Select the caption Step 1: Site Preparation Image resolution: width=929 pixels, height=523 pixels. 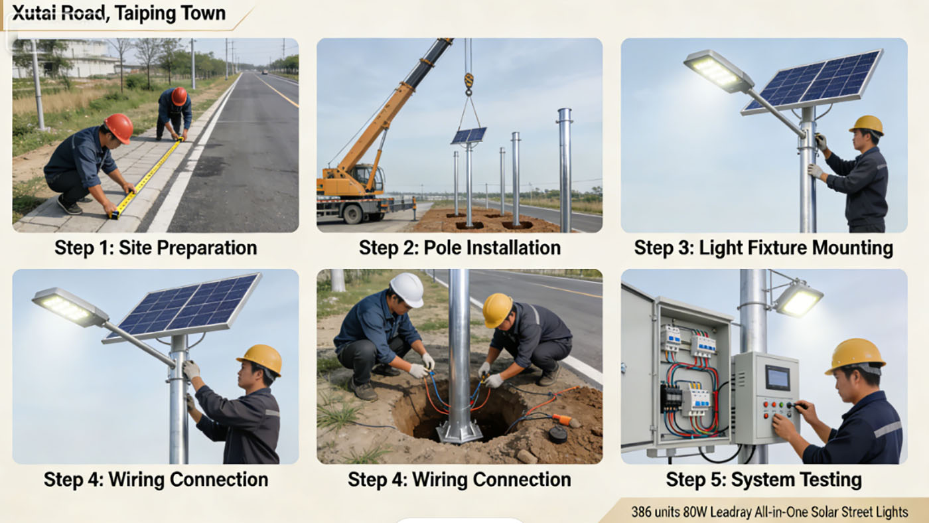point(155,248)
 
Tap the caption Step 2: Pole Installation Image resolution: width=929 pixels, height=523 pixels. point(459,248)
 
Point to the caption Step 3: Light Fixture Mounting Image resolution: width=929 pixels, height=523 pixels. point(763,248)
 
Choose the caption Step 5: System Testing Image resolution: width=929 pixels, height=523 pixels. point(763,479)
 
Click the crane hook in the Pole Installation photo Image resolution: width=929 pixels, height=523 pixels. point(468,81)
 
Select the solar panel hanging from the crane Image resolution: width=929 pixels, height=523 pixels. point(468,135)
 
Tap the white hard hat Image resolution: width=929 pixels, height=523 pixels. point(407,289)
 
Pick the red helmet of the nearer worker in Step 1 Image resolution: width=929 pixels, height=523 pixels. point(119,126)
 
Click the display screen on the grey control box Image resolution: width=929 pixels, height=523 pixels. point(777,378)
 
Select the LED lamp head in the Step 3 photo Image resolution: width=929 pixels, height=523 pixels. point(718,70)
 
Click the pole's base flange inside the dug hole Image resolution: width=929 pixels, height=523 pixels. point(459,432)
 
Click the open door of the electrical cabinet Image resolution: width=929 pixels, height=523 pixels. point(636,372)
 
